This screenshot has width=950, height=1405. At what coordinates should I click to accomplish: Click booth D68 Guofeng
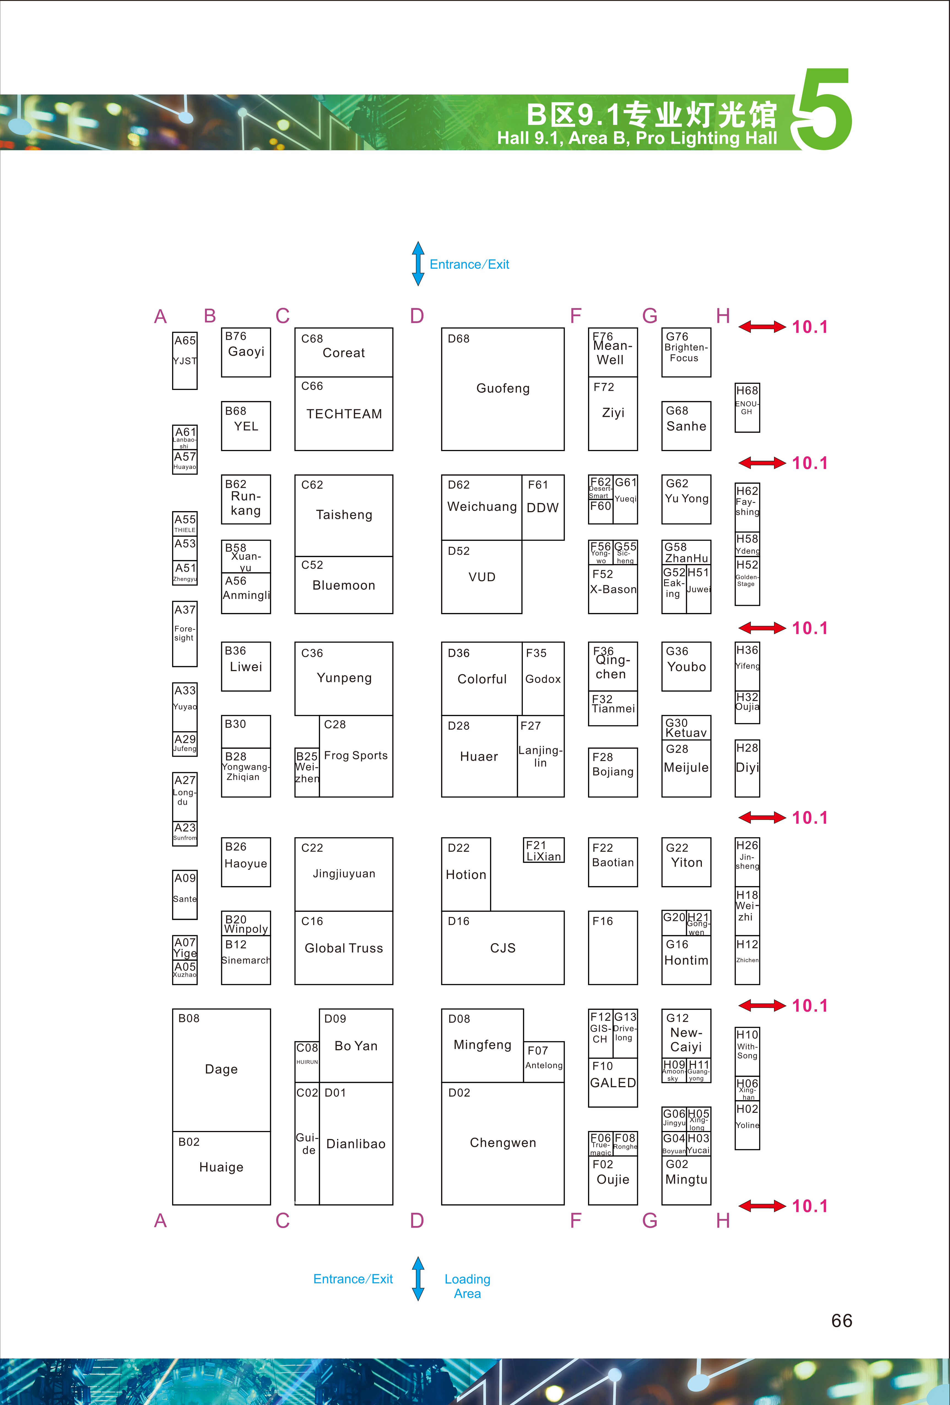(x=502, y=389)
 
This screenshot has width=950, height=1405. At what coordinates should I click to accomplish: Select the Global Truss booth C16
(x=343, y=947)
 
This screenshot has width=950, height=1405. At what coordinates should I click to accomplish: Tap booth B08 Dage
(x=221, y=1070)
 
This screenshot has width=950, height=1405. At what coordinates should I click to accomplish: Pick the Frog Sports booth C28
(x=356, y=756)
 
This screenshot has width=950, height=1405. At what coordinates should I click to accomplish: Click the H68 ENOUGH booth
(x=747, y=408)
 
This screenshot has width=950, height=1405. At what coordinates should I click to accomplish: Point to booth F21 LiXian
(x=544, y=850)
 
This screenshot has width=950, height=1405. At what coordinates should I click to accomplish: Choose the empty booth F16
(x=613, y=947)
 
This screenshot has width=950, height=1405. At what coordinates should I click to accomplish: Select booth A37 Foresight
(x=185, y=634)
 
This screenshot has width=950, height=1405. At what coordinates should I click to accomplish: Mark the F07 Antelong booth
(x=544, y=1062)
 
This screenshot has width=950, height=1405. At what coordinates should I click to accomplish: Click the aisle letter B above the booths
(x=210, y=316)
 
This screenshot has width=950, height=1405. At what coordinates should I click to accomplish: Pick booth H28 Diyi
(x=747, y=768)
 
